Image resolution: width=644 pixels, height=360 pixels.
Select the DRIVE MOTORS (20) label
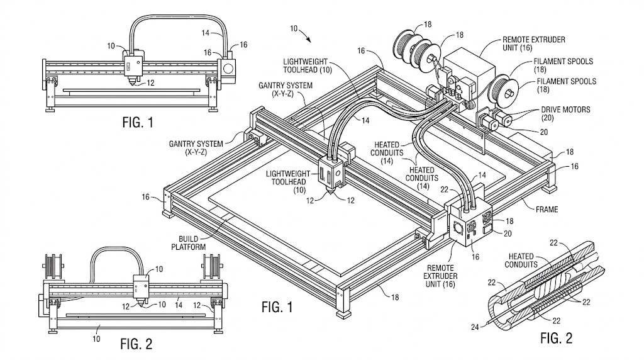point(565,113)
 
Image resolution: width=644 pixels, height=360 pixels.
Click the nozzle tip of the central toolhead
point(332,196)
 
